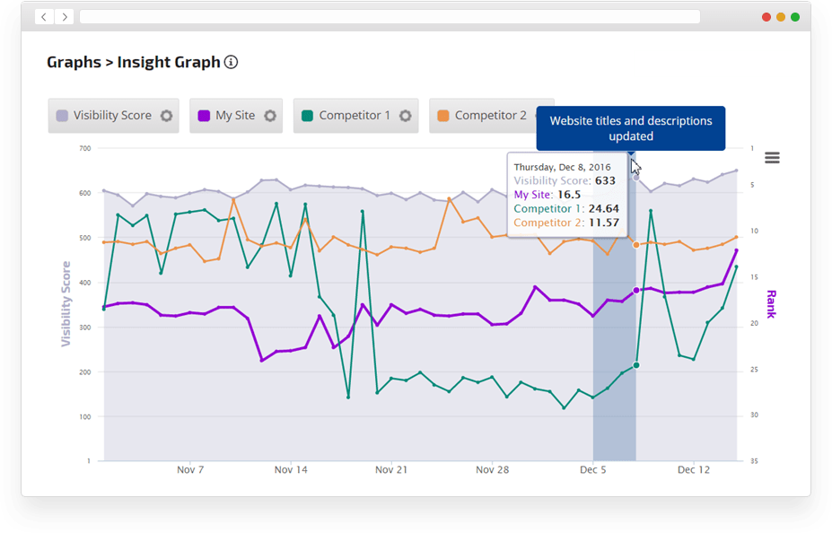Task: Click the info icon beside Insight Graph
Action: [x=232, y=63]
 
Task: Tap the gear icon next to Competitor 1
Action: [x=405, y=116]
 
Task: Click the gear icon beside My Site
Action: [x=269, y=116]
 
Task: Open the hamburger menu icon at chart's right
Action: [x=772, y=158]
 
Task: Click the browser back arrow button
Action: [x=44, y=17]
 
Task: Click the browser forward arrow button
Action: [x=65, y=17]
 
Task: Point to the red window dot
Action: [x=766, y=17]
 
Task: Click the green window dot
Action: [x=795, y=17]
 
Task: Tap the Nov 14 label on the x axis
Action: [x=291, y=469]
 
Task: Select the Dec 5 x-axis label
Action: [x=592, y=469]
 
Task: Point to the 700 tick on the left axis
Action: [x=85, y=148]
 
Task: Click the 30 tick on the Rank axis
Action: [x=753, y=415]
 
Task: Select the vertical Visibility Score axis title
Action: [x=66, y=304]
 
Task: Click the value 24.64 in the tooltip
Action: [x=603, y=209]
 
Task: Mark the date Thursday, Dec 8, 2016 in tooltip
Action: [x=562, y=167]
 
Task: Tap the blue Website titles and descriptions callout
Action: [x=630, y=128]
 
